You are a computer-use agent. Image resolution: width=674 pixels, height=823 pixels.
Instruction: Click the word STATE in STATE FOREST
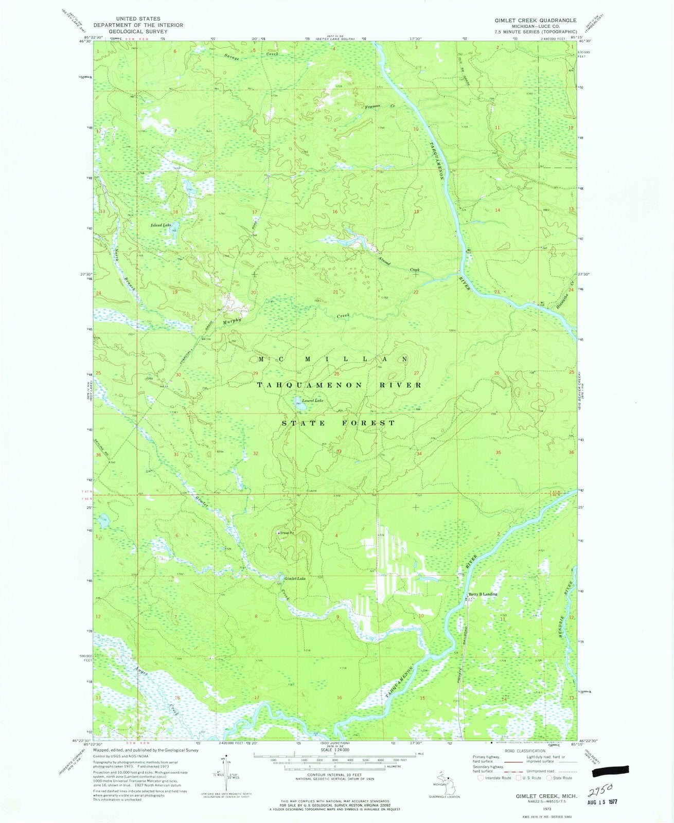tap(305, 423)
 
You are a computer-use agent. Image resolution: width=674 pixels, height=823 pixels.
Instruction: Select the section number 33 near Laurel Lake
tap(339, 452)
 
